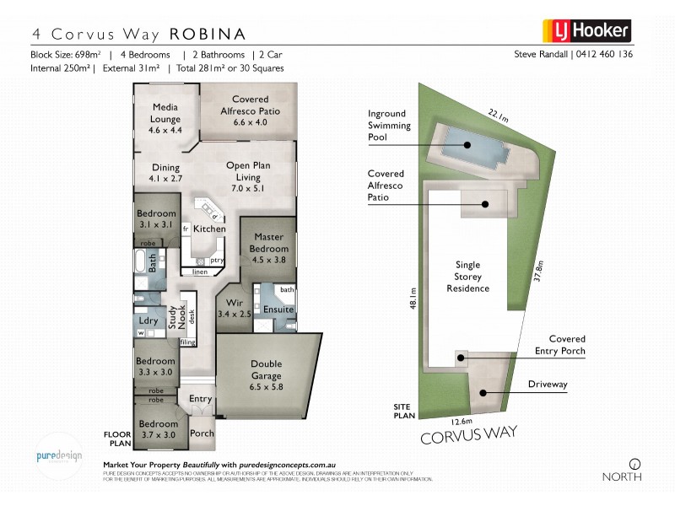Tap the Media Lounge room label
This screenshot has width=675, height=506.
(165, 119)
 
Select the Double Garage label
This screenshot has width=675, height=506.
(267, 370)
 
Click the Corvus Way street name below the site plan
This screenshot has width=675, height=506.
(467, 438)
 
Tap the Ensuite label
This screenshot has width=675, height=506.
(278, 310)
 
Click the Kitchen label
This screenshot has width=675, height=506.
(209, 229)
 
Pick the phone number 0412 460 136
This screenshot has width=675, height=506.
(605, 54)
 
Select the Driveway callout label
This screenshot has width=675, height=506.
(548, 385)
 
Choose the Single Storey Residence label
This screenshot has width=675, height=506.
(467, 276)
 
